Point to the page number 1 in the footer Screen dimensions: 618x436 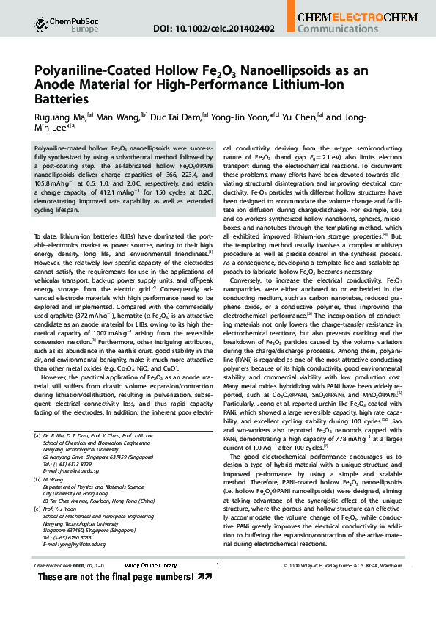coord(218,586)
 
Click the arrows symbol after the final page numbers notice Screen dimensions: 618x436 coord(205,597)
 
